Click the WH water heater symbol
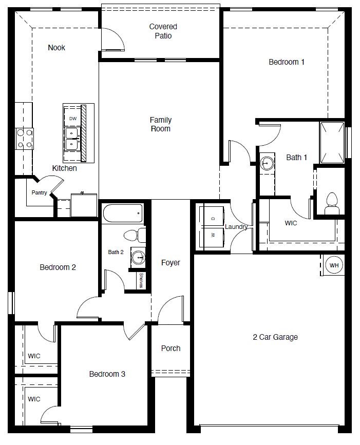[334, 265]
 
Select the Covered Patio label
[163, 31]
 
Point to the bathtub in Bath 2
[123, 212]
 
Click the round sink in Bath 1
[267, 164]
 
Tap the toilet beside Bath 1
[331, 202]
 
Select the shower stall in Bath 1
[332, 141]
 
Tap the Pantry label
[39, 193]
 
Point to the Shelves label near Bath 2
[141, 281]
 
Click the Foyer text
[170, 263]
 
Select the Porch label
[170, 349]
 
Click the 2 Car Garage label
[275, 337]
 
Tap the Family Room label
[160, 124]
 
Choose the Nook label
[56, 48]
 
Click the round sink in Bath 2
[138, 257]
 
